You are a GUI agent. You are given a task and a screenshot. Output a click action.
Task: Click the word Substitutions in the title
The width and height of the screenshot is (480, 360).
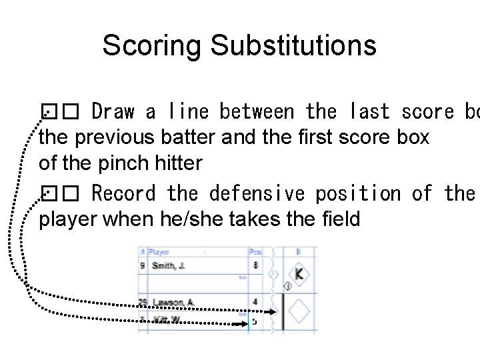tap(293, 45)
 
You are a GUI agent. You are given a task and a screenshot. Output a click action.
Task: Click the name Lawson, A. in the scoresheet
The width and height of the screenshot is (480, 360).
tap(173, 302)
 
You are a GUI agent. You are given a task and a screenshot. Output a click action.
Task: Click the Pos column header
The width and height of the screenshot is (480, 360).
tap(255, 253)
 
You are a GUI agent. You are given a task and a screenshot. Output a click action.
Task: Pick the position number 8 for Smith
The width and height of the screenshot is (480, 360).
tap(255, 265)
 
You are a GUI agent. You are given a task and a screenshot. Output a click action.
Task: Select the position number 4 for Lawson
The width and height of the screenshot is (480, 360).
tap(255, 302)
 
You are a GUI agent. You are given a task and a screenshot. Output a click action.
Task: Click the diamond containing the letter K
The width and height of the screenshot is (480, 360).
tap(299, 273)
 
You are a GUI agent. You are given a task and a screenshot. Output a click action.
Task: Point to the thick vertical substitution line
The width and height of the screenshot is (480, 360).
tap(283, 311)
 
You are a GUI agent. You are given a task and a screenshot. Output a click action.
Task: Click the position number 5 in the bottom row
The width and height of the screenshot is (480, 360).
tap(254, 321)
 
